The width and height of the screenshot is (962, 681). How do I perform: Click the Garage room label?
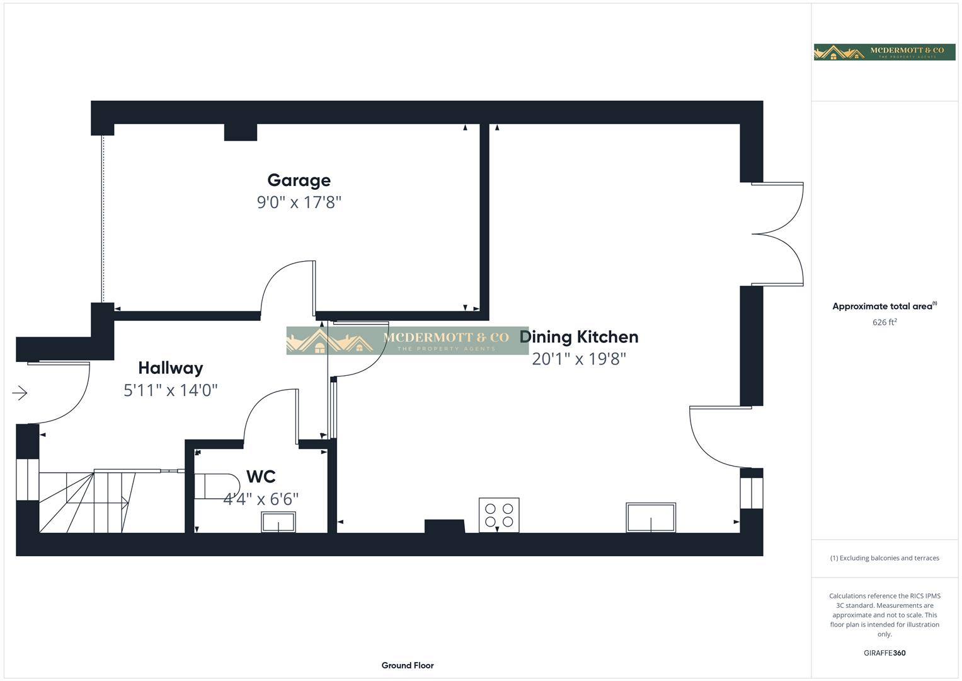[299, 180]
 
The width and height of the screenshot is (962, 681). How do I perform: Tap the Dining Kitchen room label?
[579, 337]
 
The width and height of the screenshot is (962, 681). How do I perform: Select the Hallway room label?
[170, 368]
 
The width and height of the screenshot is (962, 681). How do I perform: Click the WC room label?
[261, 476]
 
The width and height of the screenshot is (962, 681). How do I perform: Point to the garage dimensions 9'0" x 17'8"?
[299, 202]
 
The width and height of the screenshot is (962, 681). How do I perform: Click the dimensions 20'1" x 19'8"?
[579, 359]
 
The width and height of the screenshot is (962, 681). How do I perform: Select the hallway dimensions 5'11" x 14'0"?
[170, 390]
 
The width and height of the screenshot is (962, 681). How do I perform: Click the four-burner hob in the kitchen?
[499, 515]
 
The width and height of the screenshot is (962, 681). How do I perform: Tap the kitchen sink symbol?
[651, 518]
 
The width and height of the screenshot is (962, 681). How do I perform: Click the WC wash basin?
[278, 522]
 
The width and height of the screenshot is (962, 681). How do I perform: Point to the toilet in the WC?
[208, 486]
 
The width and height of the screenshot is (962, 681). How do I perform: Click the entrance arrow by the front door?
[20, 393]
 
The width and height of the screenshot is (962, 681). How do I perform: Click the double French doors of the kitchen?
[777, 235]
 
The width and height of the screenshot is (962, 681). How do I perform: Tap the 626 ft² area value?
[885, 322]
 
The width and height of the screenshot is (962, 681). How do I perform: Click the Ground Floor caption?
[408, 665]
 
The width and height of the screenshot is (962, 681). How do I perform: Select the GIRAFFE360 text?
[885, 653]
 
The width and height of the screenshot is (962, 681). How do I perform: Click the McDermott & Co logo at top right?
[885, 52]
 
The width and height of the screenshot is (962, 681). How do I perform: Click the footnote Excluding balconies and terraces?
[885, 558]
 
